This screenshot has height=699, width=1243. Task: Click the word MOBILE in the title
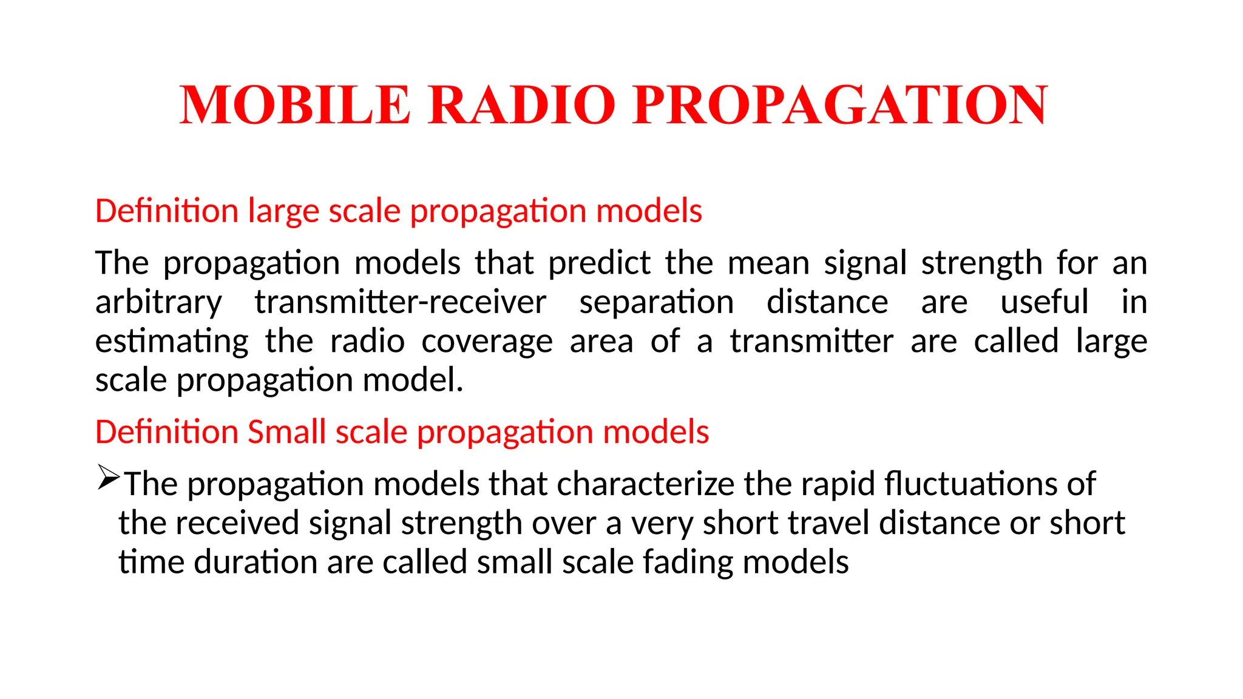point(295,105)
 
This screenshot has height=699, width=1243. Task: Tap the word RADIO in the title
point(521,105)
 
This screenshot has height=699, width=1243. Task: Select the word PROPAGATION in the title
point(840,105)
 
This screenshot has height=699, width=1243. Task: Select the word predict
point(599,264)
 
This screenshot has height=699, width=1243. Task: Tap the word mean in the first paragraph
point(768,264)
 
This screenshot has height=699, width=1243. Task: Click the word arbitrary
point(158,303)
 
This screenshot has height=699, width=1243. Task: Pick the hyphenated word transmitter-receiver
point(400,303)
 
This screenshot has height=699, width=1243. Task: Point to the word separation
point(656,303)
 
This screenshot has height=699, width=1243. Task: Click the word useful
point(1044,303)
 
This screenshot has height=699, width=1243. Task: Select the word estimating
point(172,342)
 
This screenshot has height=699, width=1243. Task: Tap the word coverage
point(487,342)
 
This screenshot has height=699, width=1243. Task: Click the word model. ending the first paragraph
point(413,380)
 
